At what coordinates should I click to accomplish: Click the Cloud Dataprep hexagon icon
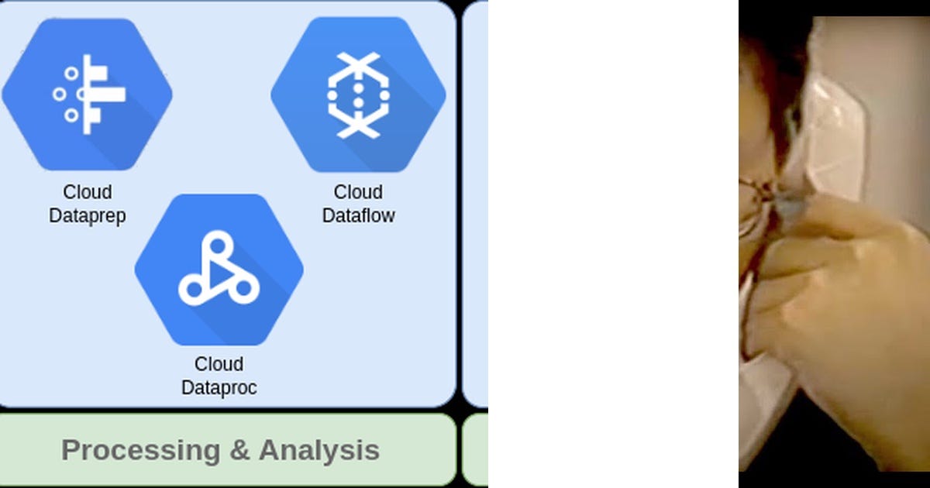tap(87, 94)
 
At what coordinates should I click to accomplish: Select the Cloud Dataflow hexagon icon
tap(358, 95)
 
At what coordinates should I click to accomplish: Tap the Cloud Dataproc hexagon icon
tap(219, 270)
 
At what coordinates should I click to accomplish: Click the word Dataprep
tap(87, 215)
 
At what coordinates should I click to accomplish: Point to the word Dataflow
tap(358, 215)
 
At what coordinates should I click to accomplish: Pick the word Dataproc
tap(219, 387)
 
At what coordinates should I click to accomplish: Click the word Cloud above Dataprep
tap(87, 192)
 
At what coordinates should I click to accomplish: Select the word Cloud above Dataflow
tap(358, 192)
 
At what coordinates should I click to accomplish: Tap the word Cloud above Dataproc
tap(219, 364)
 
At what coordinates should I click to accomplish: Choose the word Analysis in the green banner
tap(319, 450)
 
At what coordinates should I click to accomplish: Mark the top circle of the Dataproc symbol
tap(219, 245)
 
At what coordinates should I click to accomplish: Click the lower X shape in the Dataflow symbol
tap(358, 126)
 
